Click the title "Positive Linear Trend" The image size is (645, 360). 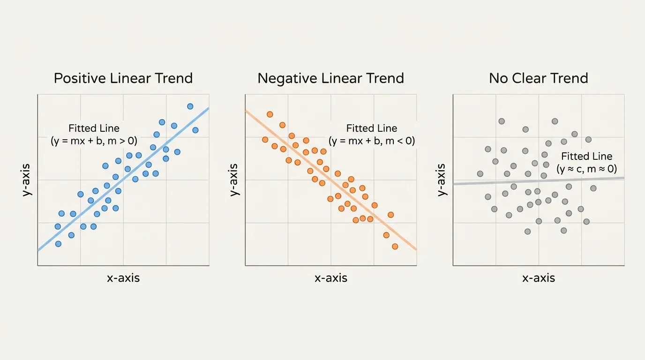coord(123,78)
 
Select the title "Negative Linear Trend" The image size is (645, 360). coord(330,78)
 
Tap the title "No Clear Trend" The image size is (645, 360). coord(538,78)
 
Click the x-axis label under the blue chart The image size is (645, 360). coord(123,278)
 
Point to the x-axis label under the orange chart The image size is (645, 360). coord(331,278)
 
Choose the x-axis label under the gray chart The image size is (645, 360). coord(539,278)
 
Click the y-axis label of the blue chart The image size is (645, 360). coord(27,180)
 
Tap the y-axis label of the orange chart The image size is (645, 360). coord(235,180)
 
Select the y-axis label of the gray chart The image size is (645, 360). coord(442,180)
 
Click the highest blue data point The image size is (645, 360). coord(190,106)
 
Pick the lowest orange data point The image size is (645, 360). coord(395,246)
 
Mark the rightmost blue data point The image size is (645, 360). coord(195,130)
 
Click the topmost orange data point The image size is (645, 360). coord(270,114)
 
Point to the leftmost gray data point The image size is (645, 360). coord(480,174)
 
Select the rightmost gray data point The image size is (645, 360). coord(593,188)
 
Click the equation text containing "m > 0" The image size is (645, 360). coord(94,141)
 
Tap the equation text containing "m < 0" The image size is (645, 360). coord(372,141)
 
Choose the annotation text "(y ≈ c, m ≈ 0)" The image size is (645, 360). coord(587,169)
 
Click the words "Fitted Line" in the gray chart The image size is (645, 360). coord(587,157)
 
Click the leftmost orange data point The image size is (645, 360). coord(265,139)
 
